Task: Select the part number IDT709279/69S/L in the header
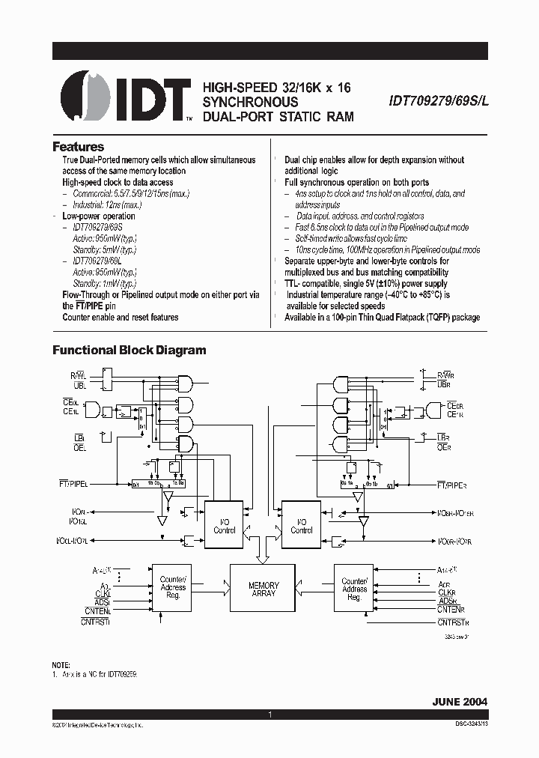pyautogui.click(x=438, y=101)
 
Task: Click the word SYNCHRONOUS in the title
pyautogui.click(x=250, y=102)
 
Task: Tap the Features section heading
pyautogui.click(x=78, y=147)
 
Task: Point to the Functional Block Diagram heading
pyautogui.click(x=128, y=350)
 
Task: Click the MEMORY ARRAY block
pyautogui.click(x=264, y=589)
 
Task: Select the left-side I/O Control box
pyautogui.click(x=224, y=526)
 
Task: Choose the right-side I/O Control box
pyautogui.click(x=301, y=526)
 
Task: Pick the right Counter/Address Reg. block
pyautogui.click(x=354, y=589)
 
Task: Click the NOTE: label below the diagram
pyautogui.click(x=61, y=665)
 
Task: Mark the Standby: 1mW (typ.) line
pyautogui.click(x=104, y=284)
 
